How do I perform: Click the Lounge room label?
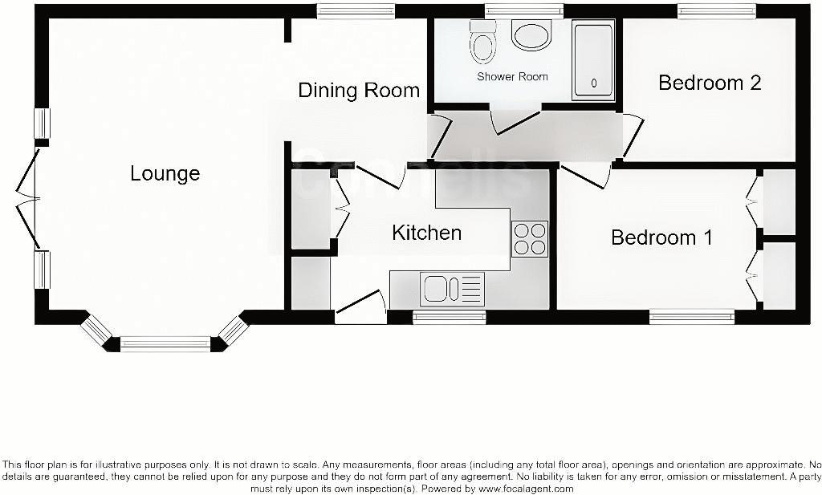click(x=165, y=173)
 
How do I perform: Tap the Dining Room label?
click(x=359, y=90)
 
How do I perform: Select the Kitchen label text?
click(x=426, y=233)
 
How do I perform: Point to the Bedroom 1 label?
click(x=661, y=237)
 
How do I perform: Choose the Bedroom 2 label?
click(x=710, y=83)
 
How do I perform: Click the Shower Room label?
click(x=512, y=77)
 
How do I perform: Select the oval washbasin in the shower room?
click(x=531, y=36)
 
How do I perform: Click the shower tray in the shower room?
click(x=593, y=61)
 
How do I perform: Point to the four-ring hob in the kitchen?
click(x=530, y=238)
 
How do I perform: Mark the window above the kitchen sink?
click(x=450, y=318)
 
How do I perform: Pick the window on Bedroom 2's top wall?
click(x=716, y=10)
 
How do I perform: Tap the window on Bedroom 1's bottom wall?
click(x=691, y=318)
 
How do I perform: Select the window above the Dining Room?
click(x=356, y=10)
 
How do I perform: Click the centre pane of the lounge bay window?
click(x=165, y=344)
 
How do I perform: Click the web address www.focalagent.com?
click(x=526, y=489)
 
